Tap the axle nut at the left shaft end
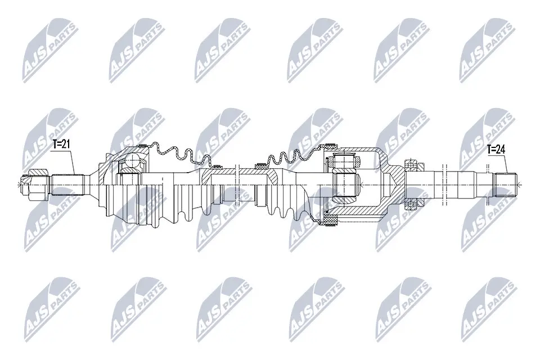[28, 183]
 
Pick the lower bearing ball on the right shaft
[410, 203]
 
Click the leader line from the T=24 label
[505, 163]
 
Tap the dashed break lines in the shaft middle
[239, 183]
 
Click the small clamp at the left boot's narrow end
[214, 165]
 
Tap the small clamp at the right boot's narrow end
[260, 165]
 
